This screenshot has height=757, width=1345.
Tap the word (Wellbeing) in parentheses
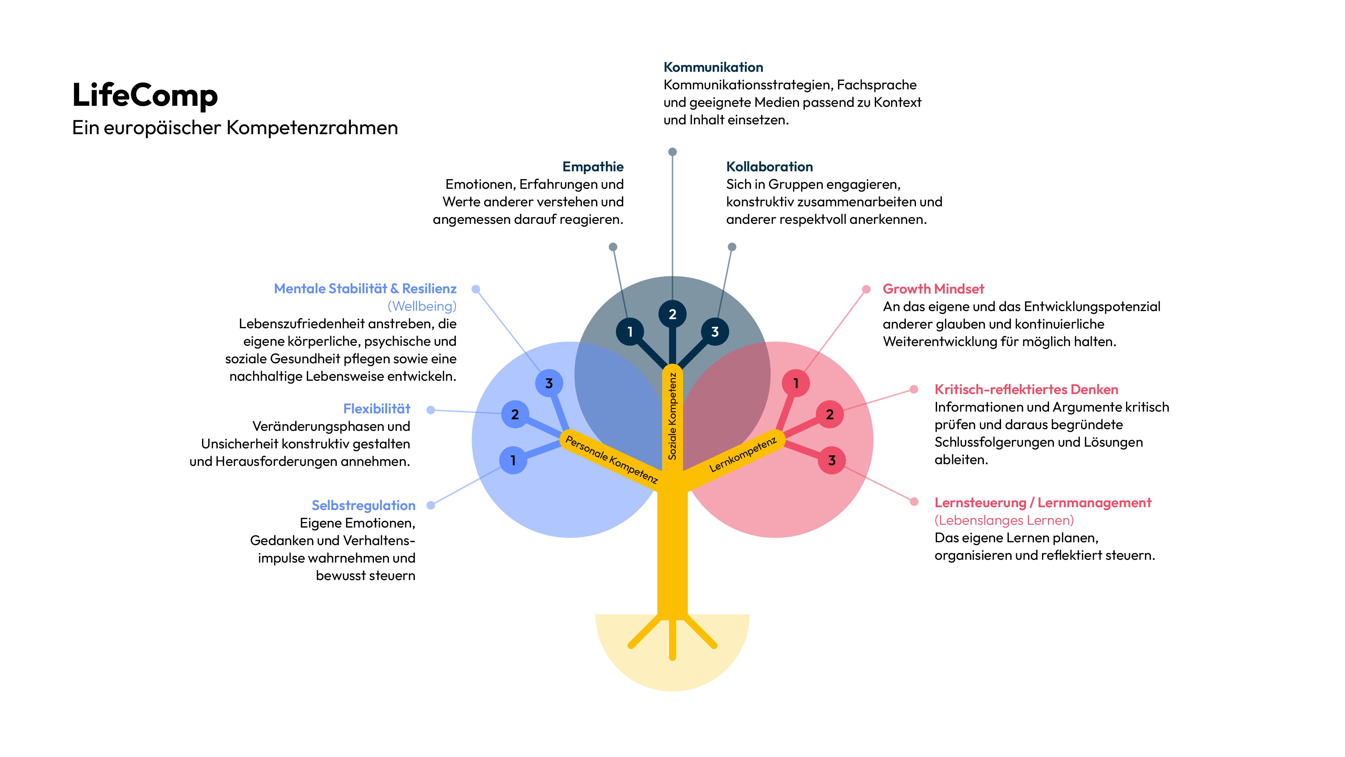(422, 306)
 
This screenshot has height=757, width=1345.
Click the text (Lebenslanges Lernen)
(1004, 520)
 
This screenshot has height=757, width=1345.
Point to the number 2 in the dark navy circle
(672, 315)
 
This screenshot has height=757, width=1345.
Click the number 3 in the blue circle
(549, 384)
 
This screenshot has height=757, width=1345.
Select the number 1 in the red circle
(796, 384)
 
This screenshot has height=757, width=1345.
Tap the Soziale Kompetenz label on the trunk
(672, 417)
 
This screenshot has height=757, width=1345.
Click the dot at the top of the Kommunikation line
(672, 152)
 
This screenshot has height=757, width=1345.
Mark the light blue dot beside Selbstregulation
(431, 505)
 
